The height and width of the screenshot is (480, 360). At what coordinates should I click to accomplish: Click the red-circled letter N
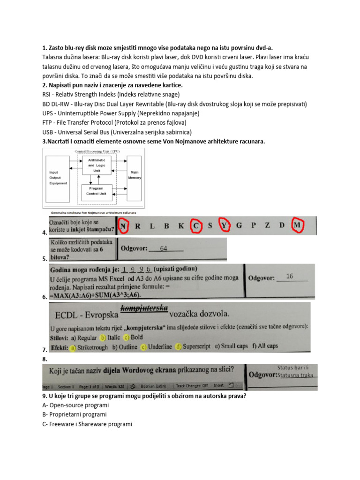123,226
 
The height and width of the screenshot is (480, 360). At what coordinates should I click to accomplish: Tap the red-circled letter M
296,225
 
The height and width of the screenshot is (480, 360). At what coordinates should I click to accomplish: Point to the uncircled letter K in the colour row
181,226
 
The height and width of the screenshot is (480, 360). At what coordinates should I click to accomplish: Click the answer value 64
164,248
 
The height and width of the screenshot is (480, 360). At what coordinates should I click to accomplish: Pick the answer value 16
290,277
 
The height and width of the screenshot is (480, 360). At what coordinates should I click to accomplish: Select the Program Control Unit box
96,191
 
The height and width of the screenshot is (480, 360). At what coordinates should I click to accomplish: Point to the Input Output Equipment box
59,178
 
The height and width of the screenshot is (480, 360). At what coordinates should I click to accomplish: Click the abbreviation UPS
48,113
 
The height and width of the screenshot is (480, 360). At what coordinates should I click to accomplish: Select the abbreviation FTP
48,123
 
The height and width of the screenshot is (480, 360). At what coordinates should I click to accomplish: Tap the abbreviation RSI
47,94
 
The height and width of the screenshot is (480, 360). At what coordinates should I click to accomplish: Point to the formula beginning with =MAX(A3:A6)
95,295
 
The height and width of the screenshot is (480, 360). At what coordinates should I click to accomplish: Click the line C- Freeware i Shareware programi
87,424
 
